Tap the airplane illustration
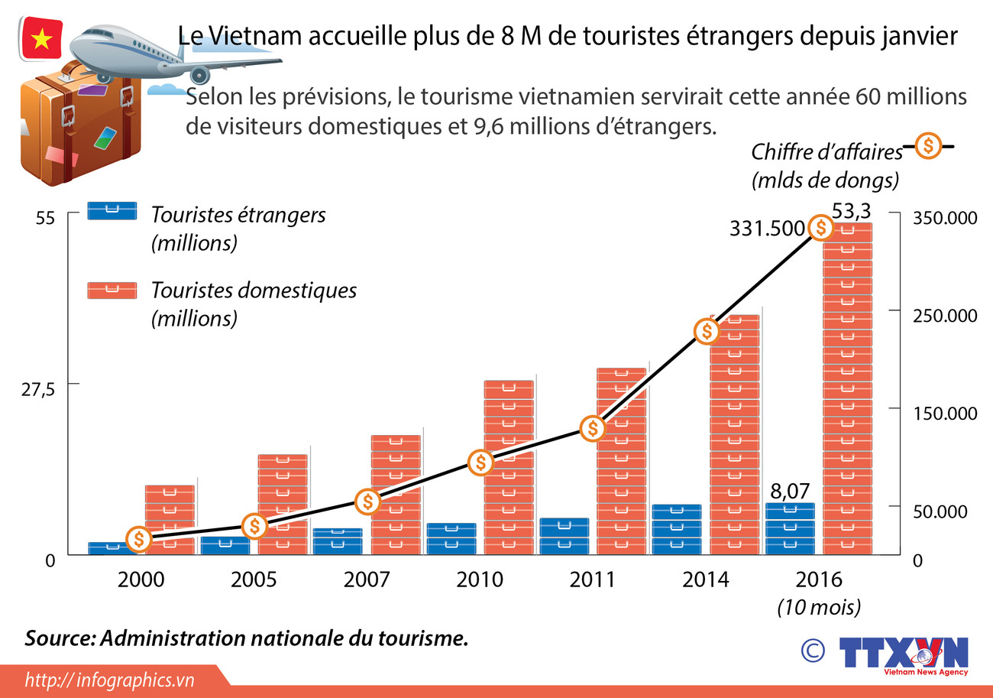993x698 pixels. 168,52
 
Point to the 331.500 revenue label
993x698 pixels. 766,228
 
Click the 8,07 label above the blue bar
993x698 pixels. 789,491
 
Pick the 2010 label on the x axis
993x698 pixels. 479,579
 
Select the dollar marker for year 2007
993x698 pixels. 367,502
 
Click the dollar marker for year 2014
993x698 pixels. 707,331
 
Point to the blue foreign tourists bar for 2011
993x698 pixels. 564,536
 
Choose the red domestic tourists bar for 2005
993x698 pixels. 283,504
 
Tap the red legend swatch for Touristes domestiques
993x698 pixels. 112,290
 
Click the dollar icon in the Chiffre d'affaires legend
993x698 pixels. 927,145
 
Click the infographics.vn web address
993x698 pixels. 110,680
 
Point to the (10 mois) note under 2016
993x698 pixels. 819,607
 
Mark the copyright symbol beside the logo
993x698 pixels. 813,650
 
